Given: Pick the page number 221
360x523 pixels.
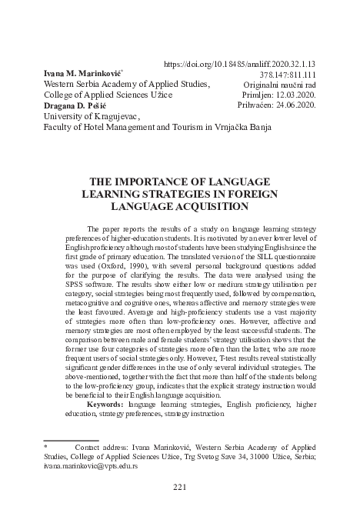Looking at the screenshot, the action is (x=180, y=486).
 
